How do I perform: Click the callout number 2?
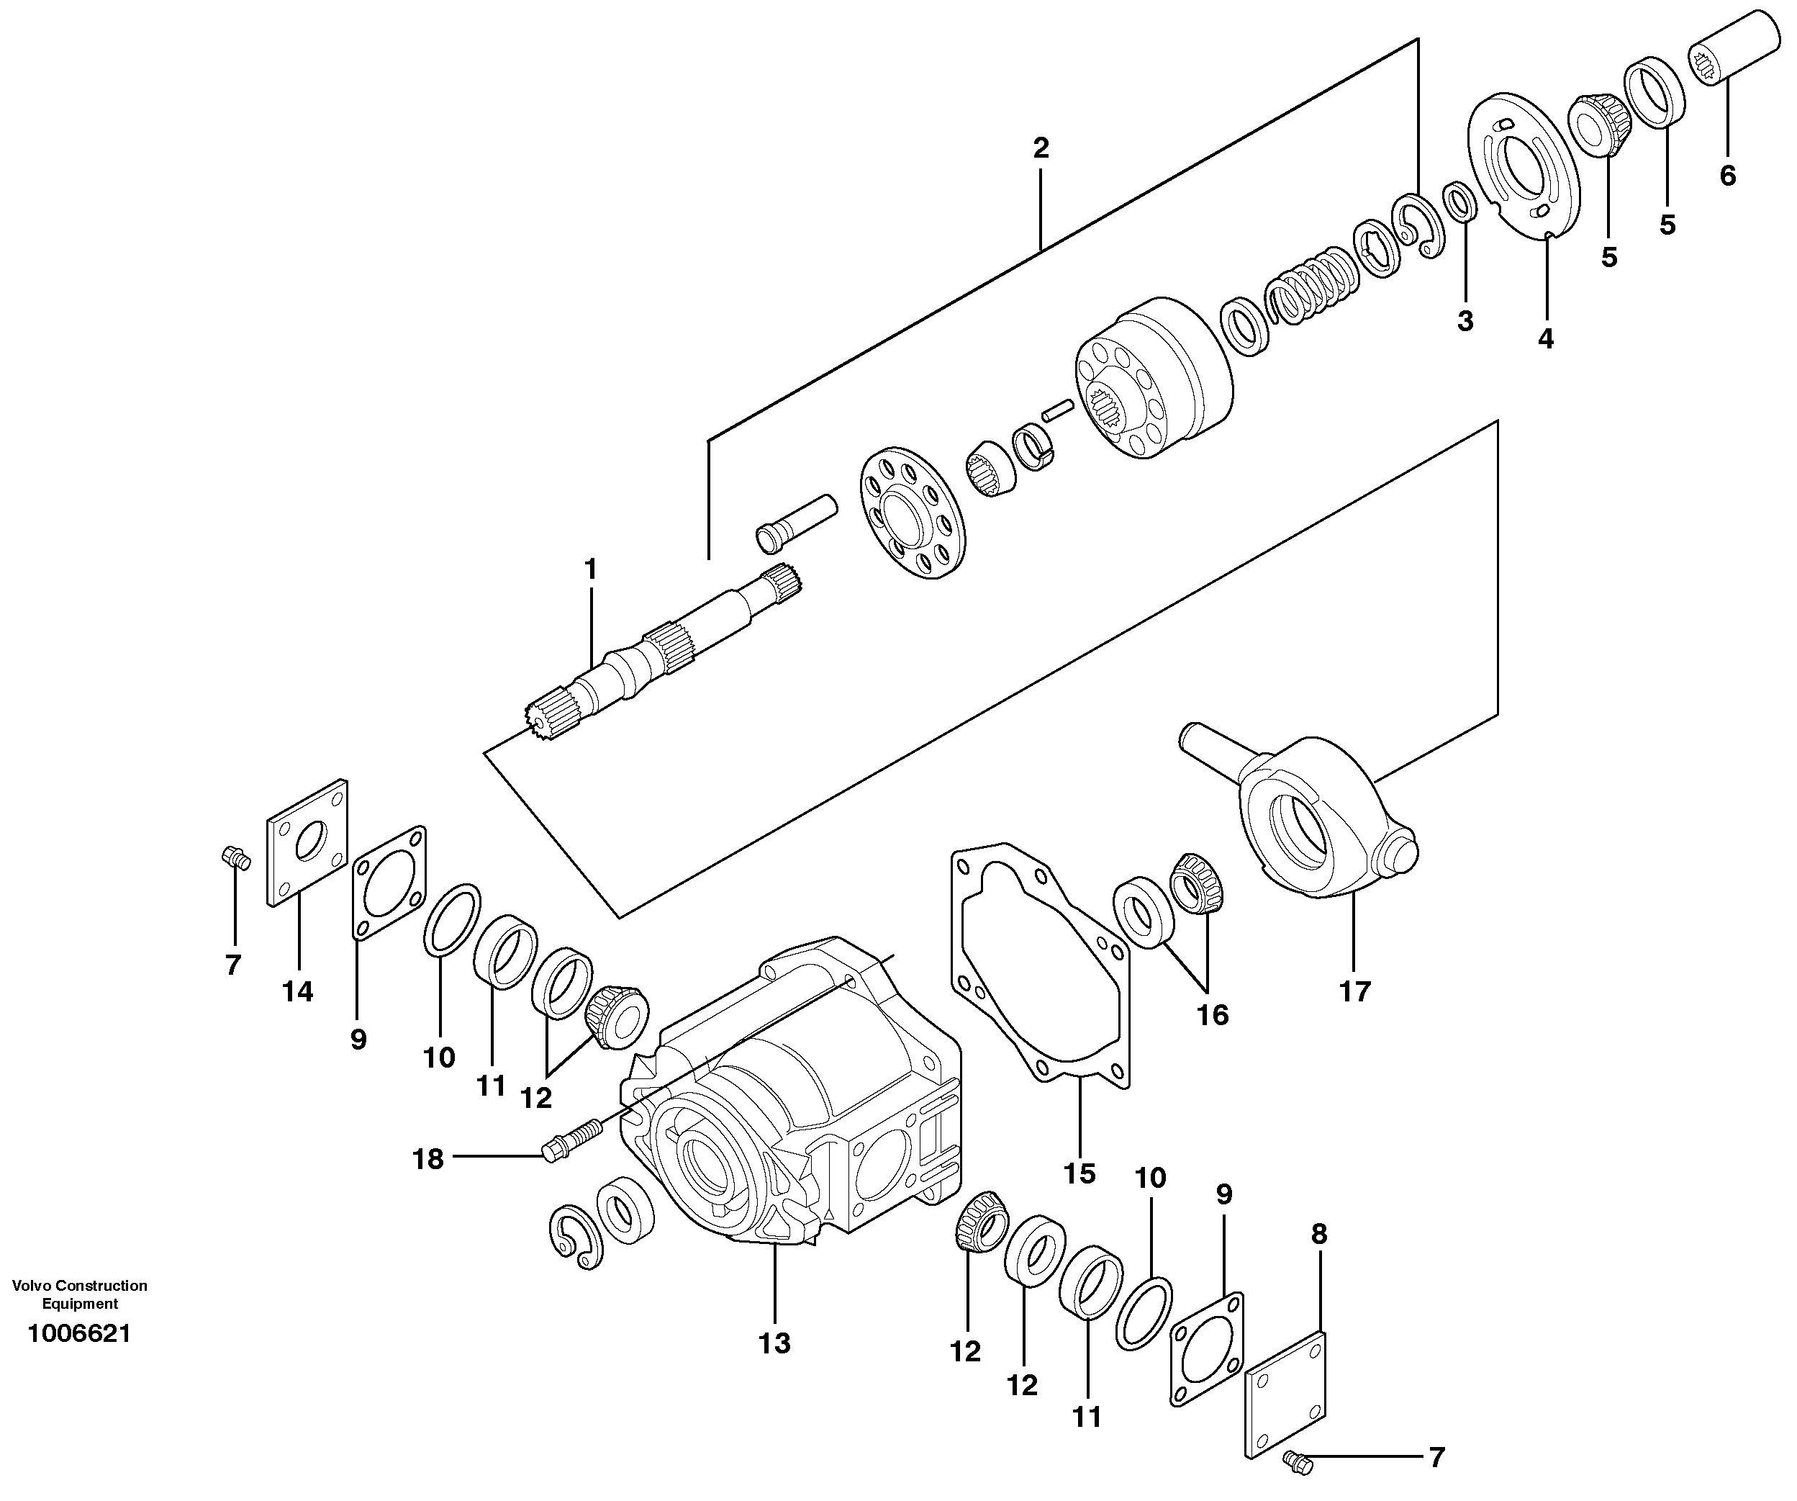coord(1041,149)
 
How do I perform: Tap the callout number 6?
coord(1728,176)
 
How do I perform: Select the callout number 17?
coord(1354,992)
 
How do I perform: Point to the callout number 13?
coord(774,1343)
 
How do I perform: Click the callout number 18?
coord(429,1160)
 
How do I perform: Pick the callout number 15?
coord(1080,1173)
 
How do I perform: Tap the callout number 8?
coord(1318,1234)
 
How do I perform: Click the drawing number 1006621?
coord(80,1333)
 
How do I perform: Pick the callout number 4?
coord(1545,339)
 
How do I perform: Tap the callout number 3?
coord(1466,322)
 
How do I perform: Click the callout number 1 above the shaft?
coord(590,569)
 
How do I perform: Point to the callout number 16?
coord(1213,1015)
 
